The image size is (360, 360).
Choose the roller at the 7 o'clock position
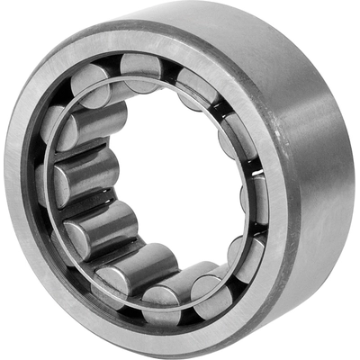(x=121, y=270)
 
